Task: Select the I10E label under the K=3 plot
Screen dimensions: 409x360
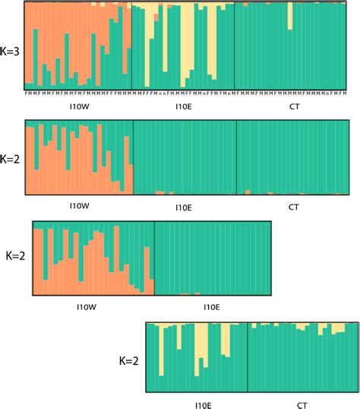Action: (x=183, y=107)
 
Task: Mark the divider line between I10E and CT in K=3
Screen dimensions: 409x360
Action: (x=234, y=46)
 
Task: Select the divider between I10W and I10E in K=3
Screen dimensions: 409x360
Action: (x=131, y=46)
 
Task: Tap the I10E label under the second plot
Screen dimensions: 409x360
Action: (x=183, y=207)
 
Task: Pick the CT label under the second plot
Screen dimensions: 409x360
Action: (x=294, y=207)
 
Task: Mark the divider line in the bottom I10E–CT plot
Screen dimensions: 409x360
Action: (x=248, y=357)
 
